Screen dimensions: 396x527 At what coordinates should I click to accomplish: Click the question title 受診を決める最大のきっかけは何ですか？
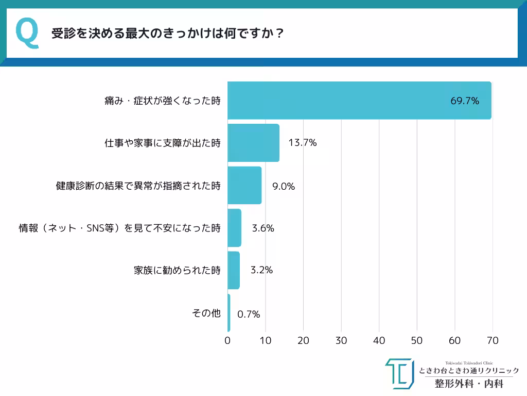pyautogui.click(x=168, y=34)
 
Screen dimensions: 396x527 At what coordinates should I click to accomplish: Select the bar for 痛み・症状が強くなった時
pyautogui.click(x=359, y=101)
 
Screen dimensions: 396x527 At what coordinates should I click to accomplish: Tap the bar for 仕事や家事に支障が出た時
pyautogui.click(x=253, y=143)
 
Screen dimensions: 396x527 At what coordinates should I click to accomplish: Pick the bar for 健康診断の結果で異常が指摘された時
pyautogui.click(x=244, y=186)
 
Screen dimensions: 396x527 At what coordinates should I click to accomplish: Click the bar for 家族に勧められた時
pyautogui.click(x=234, y=270)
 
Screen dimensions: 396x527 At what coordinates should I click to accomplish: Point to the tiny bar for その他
pyautogui.click(x=229, y=313)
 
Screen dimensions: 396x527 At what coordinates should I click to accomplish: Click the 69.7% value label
pyautogui.click(x=465, y=101)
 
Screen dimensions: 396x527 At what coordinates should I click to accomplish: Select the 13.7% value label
pyautogui.click(x=302, y=143)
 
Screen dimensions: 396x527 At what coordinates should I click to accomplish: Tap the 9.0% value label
pyautogui.click(x=284, y=187)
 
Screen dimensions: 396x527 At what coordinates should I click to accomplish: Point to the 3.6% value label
pyautogui.click(x=263, y=228)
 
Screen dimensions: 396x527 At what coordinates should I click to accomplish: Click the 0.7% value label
pyautogui.click(x=249, y=314)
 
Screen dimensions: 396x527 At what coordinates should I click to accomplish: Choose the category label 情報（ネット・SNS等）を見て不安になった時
pyautogui.click(x=120, y=228)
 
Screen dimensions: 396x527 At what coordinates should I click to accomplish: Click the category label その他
pyautogui.click(x=206, y=313)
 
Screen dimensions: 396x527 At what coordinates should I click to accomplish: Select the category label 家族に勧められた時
pyautogui.click(x=177, y=270)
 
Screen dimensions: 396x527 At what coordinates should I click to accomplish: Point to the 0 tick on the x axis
pyautogui.click(x=227, y=341)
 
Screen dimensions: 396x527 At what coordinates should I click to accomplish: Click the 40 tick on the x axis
pyautogui.click(x=379, y=341)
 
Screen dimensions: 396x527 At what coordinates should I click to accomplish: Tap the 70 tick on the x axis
pyautogui.click(x=493, y=341)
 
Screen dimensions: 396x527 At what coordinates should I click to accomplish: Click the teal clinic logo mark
pyautogui.click(x=399, y=374)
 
